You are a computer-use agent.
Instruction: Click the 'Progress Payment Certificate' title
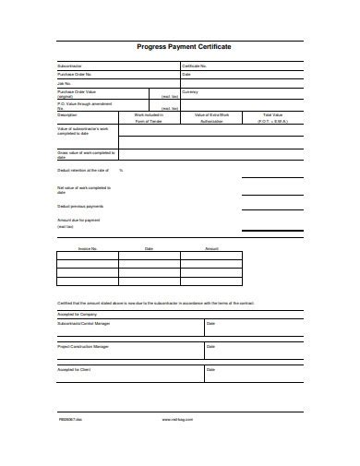click(184, 45)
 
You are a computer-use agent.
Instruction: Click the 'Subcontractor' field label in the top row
click(70, 66)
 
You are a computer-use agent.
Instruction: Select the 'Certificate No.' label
click(195, 66)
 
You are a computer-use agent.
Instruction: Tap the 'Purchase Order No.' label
click(75, 74)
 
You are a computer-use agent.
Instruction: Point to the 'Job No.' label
click(64, 83)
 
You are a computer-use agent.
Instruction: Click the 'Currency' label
click(190, 91)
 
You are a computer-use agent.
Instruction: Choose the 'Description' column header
click(68, 114)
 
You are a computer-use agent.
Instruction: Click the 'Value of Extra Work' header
click(211, 114)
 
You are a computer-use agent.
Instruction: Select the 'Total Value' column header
click(273, 114)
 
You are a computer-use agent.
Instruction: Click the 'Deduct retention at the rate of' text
click(83, 171)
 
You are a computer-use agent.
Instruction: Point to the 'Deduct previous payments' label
click(80, 206)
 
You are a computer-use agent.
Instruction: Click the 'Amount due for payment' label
click(78, 221)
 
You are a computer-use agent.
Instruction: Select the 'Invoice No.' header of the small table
click(88, 249)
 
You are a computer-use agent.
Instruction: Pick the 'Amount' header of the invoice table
click(211, 249)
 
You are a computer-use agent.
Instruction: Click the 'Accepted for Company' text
click(78, 314)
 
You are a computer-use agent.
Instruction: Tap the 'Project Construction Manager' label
click(83, 346)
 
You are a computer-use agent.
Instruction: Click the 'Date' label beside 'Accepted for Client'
click(210, 369)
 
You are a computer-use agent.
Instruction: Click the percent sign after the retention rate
click(121, 171)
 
